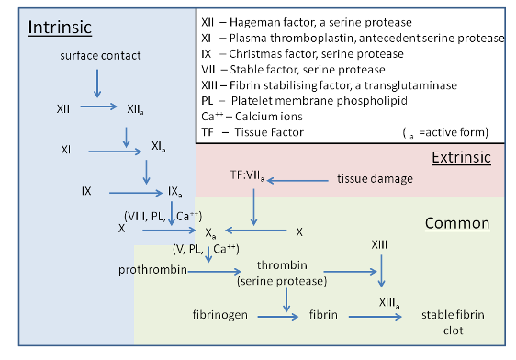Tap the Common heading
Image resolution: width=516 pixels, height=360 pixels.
pos(457,223)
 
